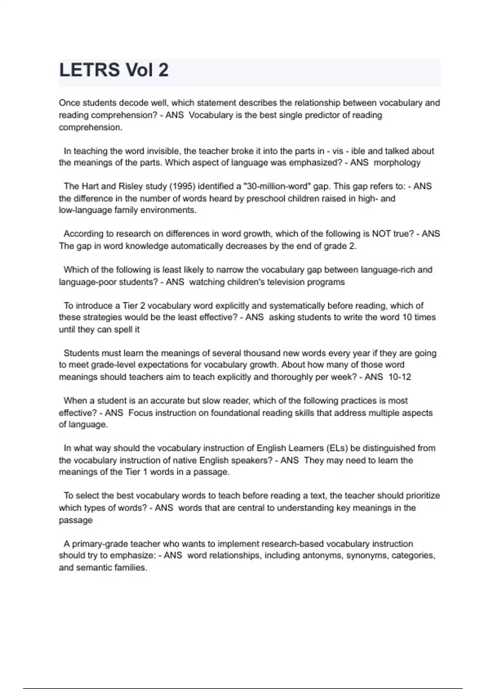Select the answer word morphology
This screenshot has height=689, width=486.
pos(397,163)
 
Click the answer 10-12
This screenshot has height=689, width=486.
pos(399,377)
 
